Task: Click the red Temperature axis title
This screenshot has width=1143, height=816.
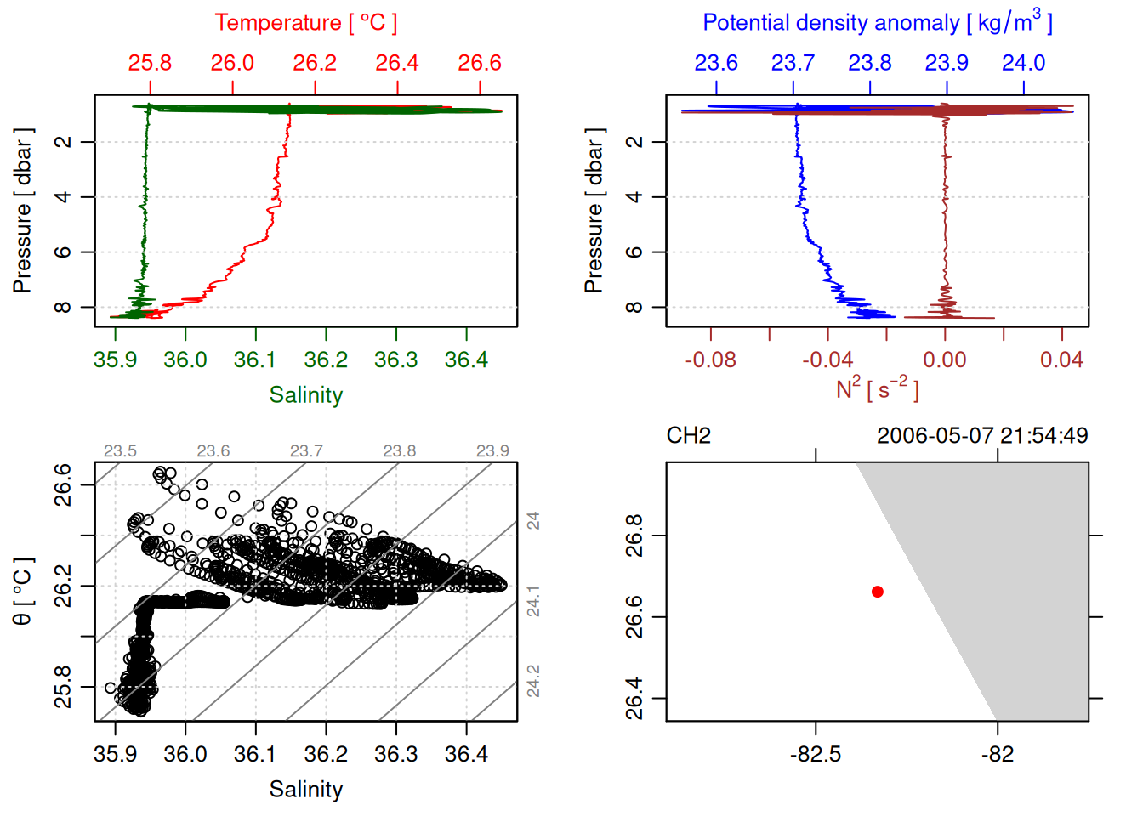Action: point(305,23)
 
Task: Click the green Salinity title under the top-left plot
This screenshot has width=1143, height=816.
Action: point(305,395)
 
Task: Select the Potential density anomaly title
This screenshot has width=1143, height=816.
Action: point(877,22)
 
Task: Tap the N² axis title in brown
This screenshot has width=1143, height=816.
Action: point(877,389)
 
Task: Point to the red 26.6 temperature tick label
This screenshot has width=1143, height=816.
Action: point(480,63)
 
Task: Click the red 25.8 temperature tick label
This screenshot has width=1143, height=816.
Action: point(150,63)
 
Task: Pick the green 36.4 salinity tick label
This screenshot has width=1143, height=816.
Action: point(466,360)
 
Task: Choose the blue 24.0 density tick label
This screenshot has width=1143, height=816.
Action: point(1023,63)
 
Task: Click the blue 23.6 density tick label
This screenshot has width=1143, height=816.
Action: point(716,63)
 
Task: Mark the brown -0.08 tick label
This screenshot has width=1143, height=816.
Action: point(711,360)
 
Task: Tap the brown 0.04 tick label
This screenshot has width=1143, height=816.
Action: point(1061,360)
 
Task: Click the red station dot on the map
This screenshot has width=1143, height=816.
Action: point(878,592)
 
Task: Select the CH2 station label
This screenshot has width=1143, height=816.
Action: point(688,436)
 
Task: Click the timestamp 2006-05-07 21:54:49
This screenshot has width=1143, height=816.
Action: point(982,436)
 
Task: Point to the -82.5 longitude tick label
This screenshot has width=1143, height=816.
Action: point(816,755)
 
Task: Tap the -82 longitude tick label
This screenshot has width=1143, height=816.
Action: point(998,755)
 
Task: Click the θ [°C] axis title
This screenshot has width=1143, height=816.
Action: point(23,592)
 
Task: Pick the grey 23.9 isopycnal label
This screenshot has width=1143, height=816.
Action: point(492,451)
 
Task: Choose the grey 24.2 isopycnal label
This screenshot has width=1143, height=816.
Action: point(533,681)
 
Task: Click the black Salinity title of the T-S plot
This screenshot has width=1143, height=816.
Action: point(305,790)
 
